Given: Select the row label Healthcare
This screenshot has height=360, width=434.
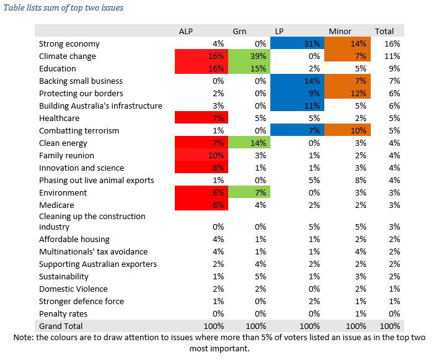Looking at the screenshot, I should tap(59, 119).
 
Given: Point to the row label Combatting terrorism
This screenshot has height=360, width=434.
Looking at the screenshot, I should tap(79, 131).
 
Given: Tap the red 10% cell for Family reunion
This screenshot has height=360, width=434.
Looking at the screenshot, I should tap(200, 156).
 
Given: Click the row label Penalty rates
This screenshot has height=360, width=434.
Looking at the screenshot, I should tap(63, 313).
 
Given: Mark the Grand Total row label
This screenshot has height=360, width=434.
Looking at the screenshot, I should tap(61, 326).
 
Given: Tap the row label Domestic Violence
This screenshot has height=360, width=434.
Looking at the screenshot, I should tap(73, 289).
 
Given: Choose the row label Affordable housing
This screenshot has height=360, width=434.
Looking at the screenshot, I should tap(74, 239).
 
